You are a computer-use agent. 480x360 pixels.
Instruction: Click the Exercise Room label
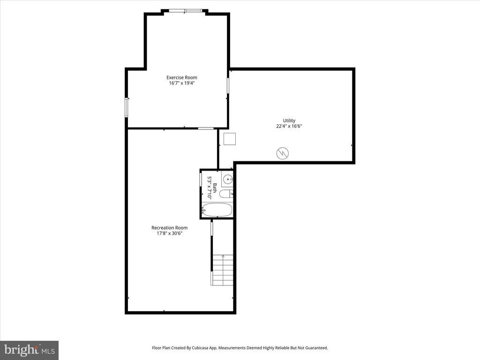coord(182,77)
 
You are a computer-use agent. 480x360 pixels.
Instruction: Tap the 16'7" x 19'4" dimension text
coord(182,83)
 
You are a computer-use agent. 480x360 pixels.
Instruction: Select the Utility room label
coord(289,120)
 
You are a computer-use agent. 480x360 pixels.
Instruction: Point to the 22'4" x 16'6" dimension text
coord(289,126)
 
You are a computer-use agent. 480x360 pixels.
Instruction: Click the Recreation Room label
coord(169,228)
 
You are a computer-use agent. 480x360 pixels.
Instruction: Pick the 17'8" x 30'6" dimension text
coord(169,233)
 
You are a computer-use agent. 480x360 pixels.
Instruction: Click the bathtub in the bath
coord(217,210)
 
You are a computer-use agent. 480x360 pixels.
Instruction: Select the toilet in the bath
coord(225,194)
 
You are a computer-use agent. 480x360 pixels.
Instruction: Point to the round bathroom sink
coord(227,179)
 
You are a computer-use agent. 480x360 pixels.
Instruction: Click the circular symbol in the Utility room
coord(283,153)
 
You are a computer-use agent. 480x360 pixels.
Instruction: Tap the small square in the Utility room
coord(229,139)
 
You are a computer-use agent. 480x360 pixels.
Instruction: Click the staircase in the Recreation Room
coord(223,270)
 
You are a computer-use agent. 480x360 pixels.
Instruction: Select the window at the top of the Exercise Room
coord(186,11)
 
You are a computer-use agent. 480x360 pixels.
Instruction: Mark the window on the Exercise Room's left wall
coord(126,107)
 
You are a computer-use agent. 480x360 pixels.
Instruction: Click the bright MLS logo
coord(29,350)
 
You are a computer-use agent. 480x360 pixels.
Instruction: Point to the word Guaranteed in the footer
coord(316,348)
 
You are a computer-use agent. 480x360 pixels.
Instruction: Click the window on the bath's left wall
coord(201,179)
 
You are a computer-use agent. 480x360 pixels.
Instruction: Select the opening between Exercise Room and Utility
coord(228,85)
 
